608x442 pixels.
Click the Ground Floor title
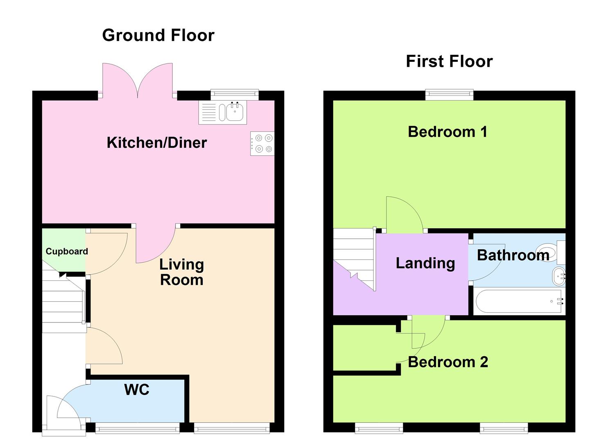(x=158, y=36)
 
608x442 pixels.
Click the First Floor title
(x=449, y=61)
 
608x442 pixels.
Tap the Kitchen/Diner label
(x=157, y=143)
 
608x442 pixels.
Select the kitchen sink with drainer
(x=223, y=112)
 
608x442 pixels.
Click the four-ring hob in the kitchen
(x=262, y=144)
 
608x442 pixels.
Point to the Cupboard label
(x=67, y=251)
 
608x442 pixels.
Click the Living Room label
(x=181, y=272)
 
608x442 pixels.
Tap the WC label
(x=137, y=390)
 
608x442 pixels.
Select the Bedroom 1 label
(x=448, y=132)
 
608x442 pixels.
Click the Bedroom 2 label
(x=448, y=362)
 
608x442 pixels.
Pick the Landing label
(x=425, y=263)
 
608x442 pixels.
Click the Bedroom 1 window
(x=449, y=95)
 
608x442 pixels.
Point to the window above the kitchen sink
(x=235, y=95)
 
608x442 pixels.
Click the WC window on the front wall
(x=137, y=428)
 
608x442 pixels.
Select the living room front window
(x=232, y=428)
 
